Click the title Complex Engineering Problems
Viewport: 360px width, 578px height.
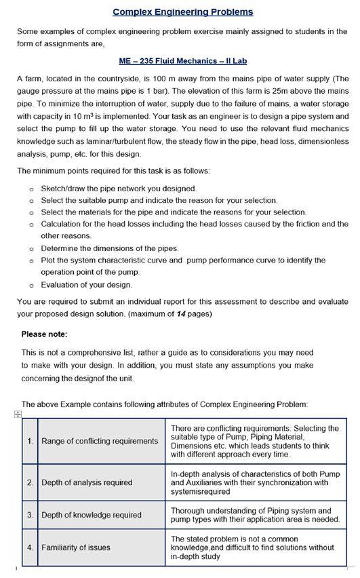[183, 12]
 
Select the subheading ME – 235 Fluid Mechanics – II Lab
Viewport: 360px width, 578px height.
[183, 60]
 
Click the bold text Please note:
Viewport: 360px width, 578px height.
[45, 334]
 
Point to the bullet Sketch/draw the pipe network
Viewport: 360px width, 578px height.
[119, 188]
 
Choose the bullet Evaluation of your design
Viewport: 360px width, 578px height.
[87, 284]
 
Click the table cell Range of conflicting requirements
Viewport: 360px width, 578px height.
[100, 441]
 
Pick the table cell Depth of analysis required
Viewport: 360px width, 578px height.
[87, 482]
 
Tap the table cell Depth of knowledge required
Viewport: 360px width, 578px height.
[92, 515]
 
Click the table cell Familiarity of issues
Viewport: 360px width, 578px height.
[76, 547]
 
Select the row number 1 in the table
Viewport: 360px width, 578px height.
[31, 441]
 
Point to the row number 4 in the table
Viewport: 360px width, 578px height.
[31, 547]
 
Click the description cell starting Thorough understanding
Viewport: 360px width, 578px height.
[255, 515]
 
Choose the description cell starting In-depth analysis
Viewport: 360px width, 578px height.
[255, 482]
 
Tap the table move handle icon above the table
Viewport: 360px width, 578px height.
[18, 414]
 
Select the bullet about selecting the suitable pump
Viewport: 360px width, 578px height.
[159, 200]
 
